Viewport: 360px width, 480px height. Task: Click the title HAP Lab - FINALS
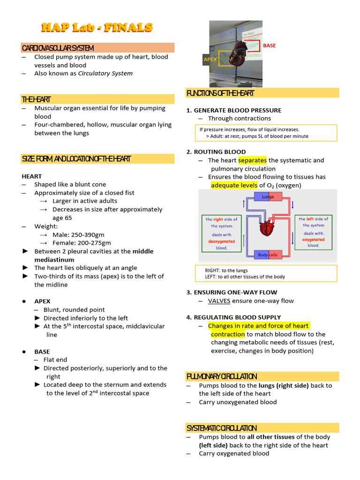pos(97,28)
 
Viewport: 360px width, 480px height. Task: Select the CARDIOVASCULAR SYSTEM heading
pos(58,48)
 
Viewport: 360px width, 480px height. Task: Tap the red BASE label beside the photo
pos(270,45)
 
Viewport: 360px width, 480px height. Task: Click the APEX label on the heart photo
pos(210,60)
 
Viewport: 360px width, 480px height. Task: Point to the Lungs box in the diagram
pos(268,197)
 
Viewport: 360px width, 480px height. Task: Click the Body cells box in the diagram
pos(268,255)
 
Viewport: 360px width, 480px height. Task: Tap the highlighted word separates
pos(252,160)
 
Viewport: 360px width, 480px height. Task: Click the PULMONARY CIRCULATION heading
pos(222,376)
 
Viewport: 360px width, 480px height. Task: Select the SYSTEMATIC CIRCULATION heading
pos(222,428)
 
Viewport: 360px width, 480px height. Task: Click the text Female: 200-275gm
pos(82,243)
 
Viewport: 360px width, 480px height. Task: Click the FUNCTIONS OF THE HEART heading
pos(220,93)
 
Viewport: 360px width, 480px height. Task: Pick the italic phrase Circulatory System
pos(105,74)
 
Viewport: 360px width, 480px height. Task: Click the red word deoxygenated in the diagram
pos(221,241)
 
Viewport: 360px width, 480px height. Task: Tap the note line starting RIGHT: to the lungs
pos(226,270)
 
